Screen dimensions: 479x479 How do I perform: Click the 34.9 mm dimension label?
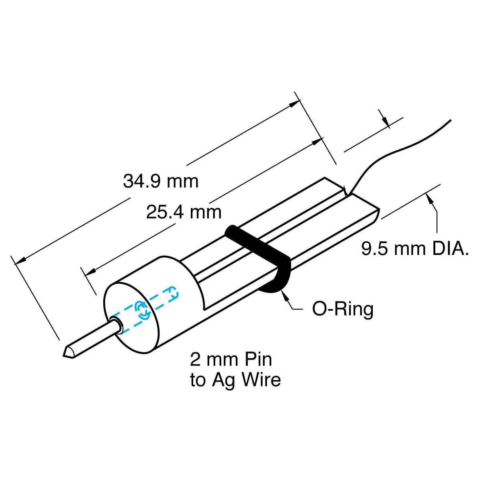160,181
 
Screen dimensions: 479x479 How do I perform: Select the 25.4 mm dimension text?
184,212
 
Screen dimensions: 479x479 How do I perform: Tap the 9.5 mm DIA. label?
415,249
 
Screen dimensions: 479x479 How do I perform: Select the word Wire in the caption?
261,379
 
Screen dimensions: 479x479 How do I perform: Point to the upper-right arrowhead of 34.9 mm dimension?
295,103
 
